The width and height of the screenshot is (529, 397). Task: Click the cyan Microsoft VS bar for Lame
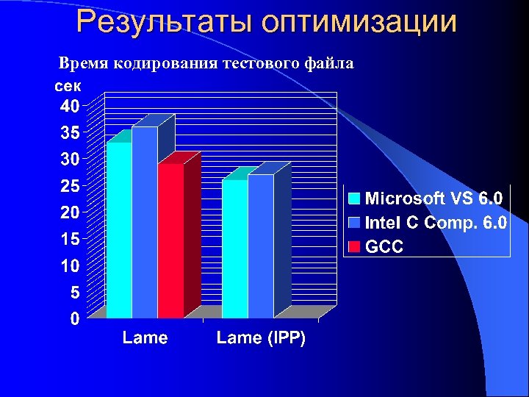(119, 229)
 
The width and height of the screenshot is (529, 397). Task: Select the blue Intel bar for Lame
(145, 222)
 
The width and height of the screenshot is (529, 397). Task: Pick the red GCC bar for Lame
(170, 240)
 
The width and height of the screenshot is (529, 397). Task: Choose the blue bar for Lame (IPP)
(260, 246)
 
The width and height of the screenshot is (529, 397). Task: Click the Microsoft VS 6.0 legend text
(433, 198)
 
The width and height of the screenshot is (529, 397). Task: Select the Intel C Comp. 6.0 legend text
(436, 222)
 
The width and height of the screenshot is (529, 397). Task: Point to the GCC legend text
(384, 246)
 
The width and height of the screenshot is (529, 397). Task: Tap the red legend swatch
(354, 246)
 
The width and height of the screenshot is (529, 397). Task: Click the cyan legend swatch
(354, 198)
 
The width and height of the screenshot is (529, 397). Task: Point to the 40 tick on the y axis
(69, 106)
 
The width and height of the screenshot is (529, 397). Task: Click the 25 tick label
(69, 186)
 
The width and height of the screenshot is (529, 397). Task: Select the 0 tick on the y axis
(74, 319)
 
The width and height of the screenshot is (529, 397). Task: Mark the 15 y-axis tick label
(69, 239)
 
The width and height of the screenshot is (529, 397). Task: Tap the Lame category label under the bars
(145, 338)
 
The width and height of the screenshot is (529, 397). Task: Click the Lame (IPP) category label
(261, 338)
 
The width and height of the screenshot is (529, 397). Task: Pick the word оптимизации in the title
(359, 21)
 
